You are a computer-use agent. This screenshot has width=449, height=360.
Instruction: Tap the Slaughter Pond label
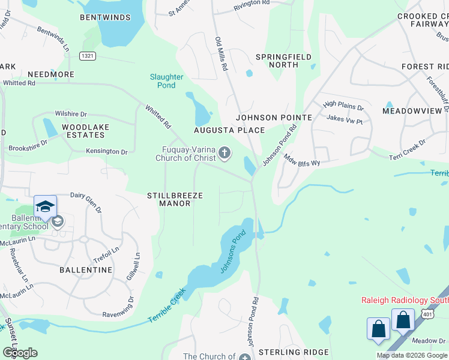[x=166, y=81]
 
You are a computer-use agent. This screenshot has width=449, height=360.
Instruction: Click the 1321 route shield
[x=87, y=56]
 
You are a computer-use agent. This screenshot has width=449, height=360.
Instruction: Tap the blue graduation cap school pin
[x=46, y=207]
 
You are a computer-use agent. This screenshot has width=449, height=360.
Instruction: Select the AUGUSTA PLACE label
[x=229, y=130]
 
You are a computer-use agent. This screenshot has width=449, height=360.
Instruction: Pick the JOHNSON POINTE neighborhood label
[x=274, y=118]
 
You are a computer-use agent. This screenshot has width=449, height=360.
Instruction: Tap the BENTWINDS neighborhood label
[x=105, y=17]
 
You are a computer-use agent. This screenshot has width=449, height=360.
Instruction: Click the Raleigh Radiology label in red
[x=404, y=300]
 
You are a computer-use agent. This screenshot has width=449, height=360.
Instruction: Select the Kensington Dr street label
[x=106, y=152]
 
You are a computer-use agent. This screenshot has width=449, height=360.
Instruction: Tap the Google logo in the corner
[x=20, y=353]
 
